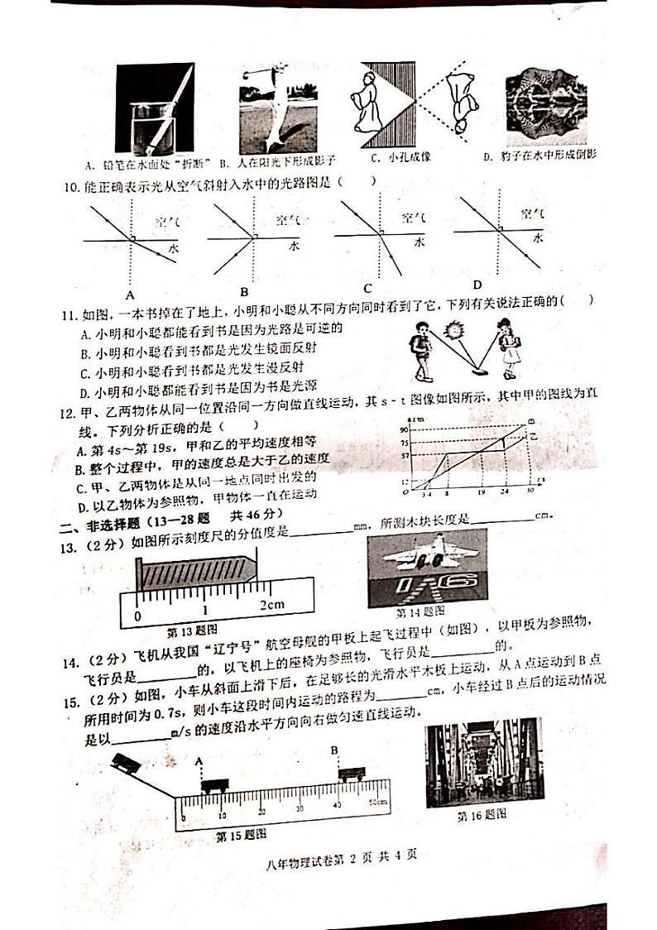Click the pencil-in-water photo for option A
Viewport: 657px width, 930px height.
point(154,108)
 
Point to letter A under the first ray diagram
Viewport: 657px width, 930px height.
point(129,295)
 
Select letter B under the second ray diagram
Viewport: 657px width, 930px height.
point(244,291)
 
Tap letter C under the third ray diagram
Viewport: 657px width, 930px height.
point(367,288)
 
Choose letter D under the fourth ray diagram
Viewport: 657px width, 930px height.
point(477,285)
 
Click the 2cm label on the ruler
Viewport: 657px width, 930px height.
point(272,604)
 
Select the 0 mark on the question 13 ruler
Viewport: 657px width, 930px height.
point(137,616)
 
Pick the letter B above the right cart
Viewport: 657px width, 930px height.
point(334,751)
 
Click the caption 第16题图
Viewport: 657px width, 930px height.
point(482,815)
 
